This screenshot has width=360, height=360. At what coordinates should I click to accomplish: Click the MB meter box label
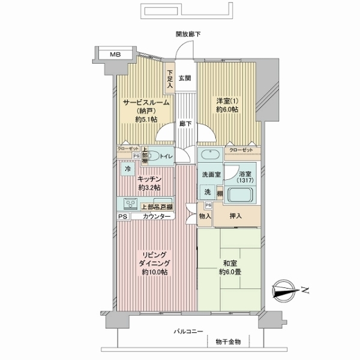point(114,54)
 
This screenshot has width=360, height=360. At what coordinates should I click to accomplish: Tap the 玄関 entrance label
point(185,78)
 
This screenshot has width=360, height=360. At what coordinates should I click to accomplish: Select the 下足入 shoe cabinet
point(170,79)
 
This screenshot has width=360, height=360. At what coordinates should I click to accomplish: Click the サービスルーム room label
point(146,102)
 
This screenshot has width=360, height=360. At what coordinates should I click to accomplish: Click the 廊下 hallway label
point(185,124)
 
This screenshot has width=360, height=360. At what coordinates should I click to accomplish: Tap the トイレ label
point(166,157)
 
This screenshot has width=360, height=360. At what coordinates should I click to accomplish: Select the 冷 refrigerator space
point(128,169)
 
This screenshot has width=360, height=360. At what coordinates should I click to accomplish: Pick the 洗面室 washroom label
point(211,173)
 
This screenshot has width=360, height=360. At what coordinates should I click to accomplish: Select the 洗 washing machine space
point(207,192)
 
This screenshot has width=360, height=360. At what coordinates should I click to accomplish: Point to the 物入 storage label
point(205,215)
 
